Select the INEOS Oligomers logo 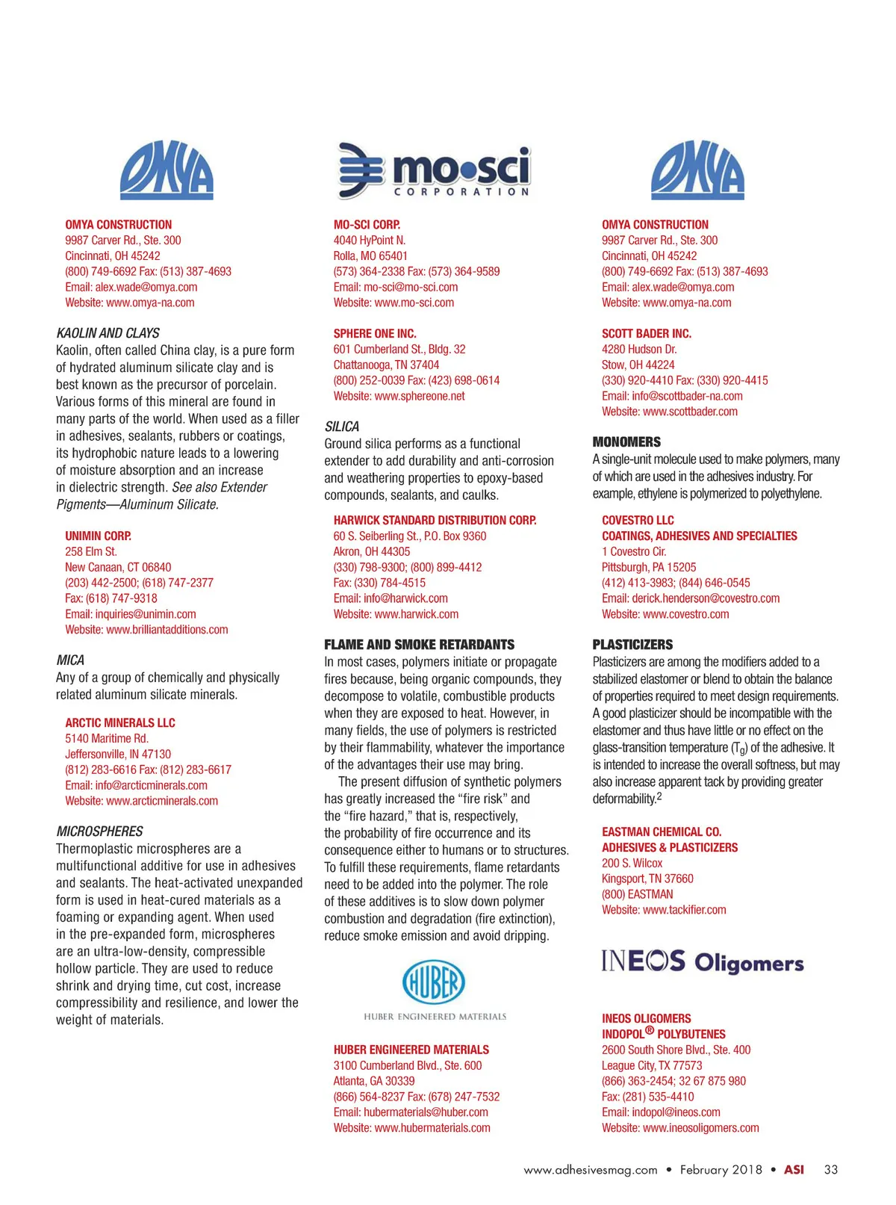click(x=703, y=961)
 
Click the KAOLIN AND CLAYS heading click(x=108, y=333)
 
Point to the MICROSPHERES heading click(x=99, y=831)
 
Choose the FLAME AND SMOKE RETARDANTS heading click(x=419, y=645)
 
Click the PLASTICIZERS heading click(x=632, y=645)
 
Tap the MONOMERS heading click(x=626, y=442)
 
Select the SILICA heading click(x=342, y=427)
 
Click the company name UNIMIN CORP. click(x=98, y=536)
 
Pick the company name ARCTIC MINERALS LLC click(x=120, y=723)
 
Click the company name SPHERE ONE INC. click(x=375, y=334)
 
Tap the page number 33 click(x=831, y=1170)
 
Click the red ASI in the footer click(x=794, y=1170)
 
